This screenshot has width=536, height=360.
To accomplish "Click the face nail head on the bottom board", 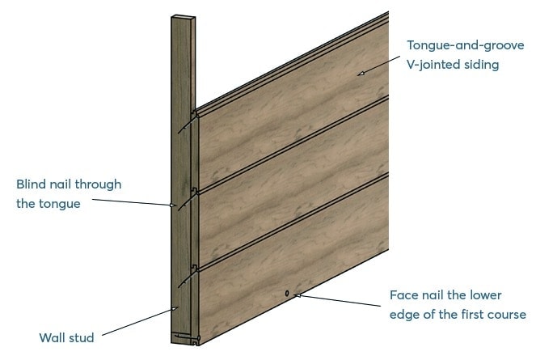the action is coord(287,294).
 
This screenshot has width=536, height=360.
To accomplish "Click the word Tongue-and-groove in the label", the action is coord(465,45).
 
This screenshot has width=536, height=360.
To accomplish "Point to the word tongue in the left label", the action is coord(60,205).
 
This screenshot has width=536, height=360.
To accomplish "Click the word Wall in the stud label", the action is coord(51,338).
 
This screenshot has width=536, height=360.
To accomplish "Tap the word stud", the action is coord(81,338).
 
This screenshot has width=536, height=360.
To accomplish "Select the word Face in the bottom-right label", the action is coord(403,295).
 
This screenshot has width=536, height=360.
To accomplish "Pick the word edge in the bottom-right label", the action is coord(405,316).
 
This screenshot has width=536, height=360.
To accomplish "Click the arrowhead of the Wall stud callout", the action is coord(175,308).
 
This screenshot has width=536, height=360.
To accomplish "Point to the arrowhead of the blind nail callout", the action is coord(173,205).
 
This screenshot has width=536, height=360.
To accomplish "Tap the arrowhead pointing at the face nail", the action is coord(298,295).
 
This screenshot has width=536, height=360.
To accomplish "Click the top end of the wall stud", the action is coord(184,17).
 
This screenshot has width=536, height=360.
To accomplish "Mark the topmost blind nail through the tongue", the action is coord(188,124).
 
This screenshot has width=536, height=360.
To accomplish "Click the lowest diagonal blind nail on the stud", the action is coord(188,277).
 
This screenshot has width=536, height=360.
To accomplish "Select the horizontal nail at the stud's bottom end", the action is coord(187,337).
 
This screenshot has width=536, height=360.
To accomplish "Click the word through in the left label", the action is coord(98,184).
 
